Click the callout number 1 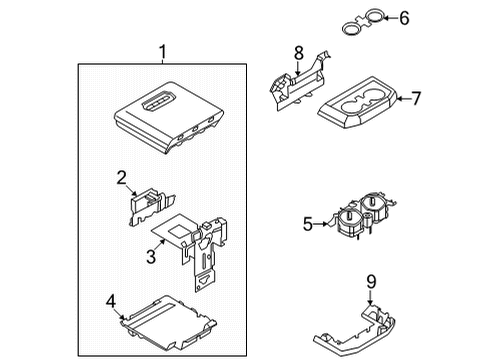pos(163,51)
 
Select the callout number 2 pos(121,178)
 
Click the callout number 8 pos(298,51)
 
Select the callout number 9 pos(370,283)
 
